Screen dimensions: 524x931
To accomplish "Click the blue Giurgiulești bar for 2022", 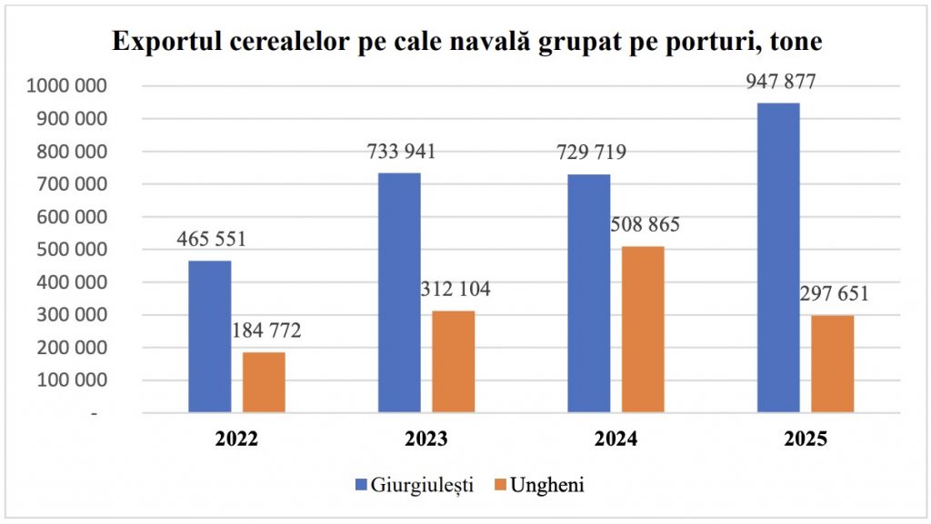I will [x=209, y=337].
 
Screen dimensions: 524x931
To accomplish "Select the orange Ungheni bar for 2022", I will [x=264, y=382].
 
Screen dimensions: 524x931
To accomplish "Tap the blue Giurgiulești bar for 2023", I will [x=399, y=292].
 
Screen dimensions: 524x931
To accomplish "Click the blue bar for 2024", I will [x=589, y=293].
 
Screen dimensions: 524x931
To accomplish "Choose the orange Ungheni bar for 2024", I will [x=643, y=330].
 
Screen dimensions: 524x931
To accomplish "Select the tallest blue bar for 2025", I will [x=778, y=258].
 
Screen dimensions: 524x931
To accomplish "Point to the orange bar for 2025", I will [x=832, y=364].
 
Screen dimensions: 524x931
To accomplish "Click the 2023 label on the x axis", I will [x=425, y=440].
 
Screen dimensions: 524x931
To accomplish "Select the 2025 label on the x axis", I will [x=805, y=440].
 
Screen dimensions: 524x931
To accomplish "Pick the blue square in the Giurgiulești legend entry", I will [x=361, y=484].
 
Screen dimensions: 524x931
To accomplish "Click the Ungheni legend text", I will [x=547, y=484].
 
